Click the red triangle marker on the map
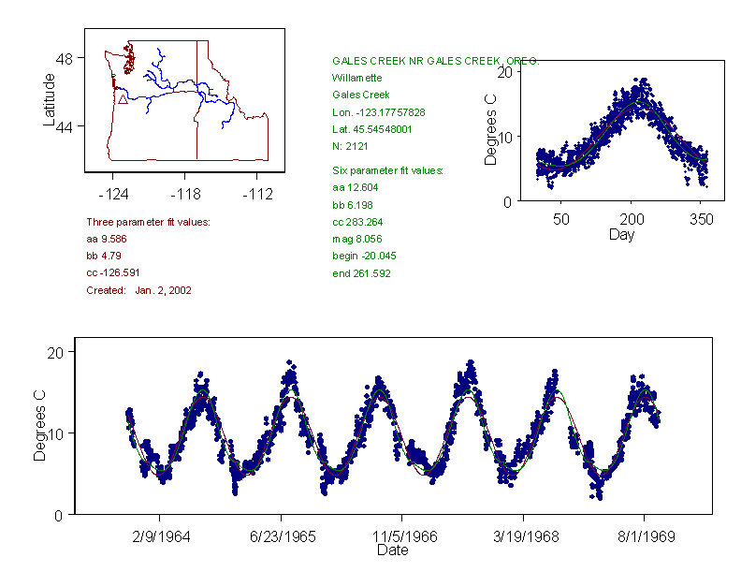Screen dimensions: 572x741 click(122, 98)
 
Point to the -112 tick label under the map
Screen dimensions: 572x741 click(256, 194)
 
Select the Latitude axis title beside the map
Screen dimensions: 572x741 click(49, 100)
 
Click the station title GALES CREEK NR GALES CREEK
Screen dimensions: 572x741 click(435, 61)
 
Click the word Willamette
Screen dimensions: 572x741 click(356, 78)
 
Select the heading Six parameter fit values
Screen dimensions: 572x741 click(387, 170)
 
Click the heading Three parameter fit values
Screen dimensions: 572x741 click(148, 222)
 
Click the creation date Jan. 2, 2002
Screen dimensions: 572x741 click(163, 290)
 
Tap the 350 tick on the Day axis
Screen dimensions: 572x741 click(702, 219)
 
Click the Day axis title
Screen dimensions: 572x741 click(620, 235)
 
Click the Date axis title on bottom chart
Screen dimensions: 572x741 click(392, 550)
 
